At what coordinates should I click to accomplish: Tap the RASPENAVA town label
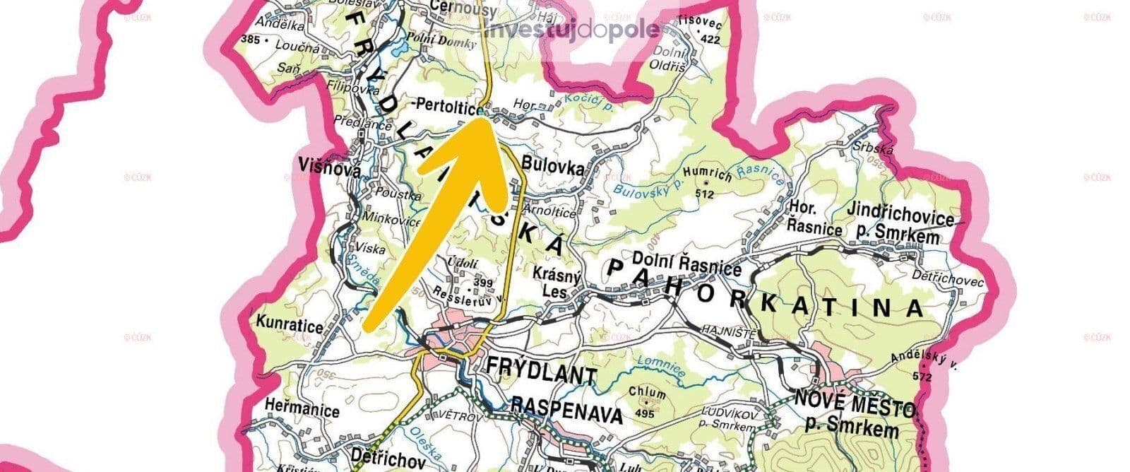point(567,409)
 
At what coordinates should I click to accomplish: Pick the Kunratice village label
point(290,326)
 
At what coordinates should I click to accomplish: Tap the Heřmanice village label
point(302,409)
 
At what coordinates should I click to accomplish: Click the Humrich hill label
point(708,177)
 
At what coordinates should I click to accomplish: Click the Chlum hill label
point(647,393)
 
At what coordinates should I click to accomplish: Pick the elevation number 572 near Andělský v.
point(922,377)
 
